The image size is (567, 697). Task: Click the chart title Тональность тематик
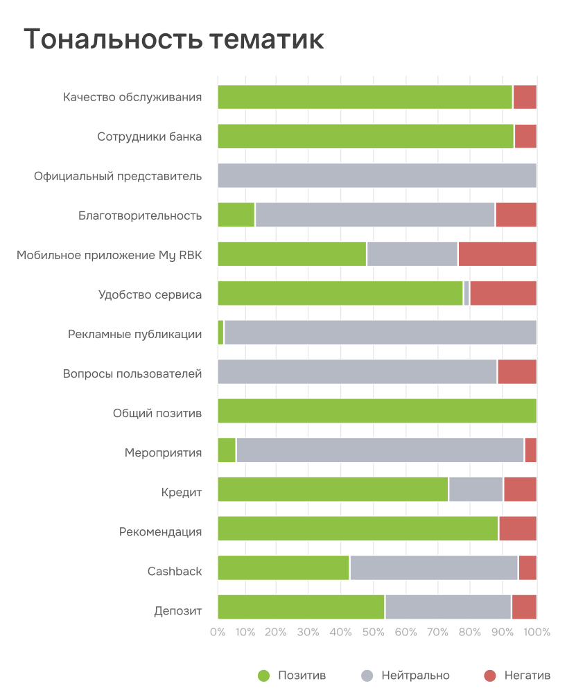point(174,40)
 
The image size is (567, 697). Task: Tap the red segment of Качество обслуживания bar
point(525,97)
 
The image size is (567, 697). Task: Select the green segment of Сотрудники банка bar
point(365,136)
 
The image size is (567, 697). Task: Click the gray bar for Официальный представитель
point(377,175)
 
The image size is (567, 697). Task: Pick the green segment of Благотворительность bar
point(236,215)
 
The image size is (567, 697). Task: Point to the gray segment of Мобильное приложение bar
point(412,254)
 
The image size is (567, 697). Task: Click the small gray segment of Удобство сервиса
point(466,293)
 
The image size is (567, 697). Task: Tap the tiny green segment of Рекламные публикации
point(220,333)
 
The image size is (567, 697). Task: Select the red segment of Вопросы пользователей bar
point(517,372)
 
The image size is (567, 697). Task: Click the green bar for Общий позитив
point(377,411)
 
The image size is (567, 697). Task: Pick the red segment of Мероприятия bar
point(531,450)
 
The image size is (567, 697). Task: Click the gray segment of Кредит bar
point(476,489)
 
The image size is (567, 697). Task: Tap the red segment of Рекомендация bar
point(518,529)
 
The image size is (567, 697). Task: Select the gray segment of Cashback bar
point(433,567)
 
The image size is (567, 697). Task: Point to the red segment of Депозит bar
point(524,607)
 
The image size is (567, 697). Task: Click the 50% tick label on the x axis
point(374,632)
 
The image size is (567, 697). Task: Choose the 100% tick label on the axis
point(537,632)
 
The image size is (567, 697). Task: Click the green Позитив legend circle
point(263,676)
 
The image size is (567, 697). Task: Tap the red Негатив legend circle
point(489,676)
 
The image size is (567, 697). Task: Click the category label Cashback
point(175,572)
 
